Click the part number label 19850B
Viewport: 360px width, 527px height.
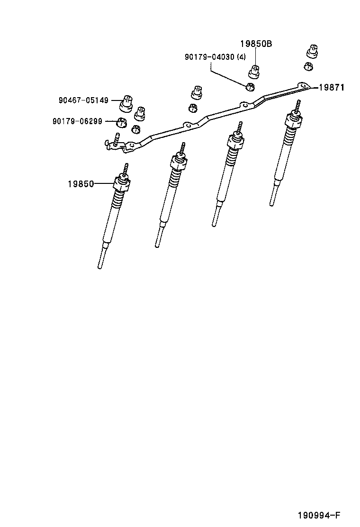(x=256, y=44)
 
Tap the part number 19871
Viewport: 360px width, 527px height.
(x=331, y=87)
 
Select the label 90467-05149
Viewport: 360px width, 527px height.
(x=84, y=100)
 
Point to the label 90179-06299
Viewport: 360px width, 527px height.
(x=77, y=121)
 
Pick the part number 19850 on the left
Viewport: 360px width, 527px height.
(x=81, y=183)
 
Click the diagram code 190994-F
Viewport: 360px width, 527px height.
(x=319, y=516)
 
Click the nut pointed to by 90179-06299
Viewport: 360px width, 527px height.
(x=122, y=122)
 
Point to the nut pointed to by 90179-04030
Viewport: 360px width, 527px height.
(x=250, y=86)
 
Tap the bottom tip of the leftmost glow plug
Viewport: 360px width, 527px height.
(x=100, y=267)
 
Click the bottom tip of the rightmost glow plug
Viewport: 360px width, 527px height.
(x=271, y=204)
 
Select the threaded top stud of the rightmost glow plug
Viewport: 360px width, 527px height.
(x=298, y=106)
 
